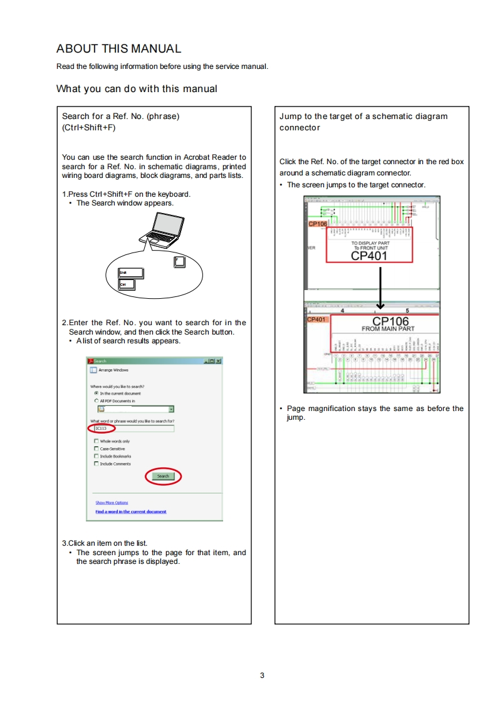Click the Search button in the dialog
pyautogui.click(x=163, y=476)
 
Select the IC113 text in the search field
pyautogui.click(x=101, y=429)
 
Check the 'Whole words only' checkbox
pyautogui.click(x=97, y=441)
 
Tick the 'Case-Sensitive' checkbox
pyautogui.click(x=97, y=449)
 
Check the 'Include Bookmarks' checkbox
pyautogui.click(x=97, y=456)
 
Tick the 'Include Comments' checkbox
pyautogui.click(x=97, y=464)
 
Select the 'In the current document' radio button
pyautogui.click(x=97, y=393)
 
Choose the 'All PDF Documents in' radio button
pyautogui.click(x=97, y=400)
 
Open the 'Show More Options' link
pyautogui.click(x=112, y=503)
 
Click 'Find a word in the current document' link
pyautogui.click(x=130, y=512)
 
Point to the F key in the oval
pyautogui.click(x=179, y=260)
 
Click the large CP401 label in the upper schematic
pyautogui.click(x=369, y=255)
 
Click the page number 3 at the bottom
pyautogui.click(x=262, y=675)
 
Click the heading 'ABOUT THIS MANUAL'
pyautogui.click(x=119, y=49)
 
